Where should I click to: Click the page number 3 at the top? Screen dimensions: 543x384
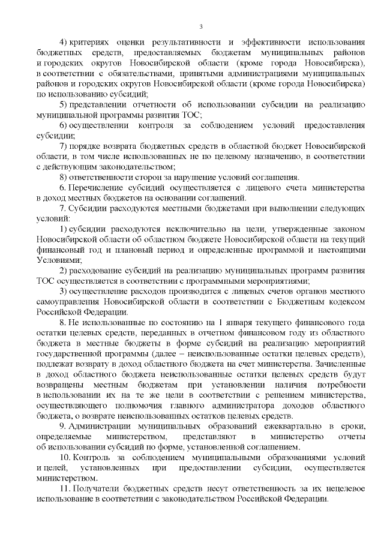coord(201,26)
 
